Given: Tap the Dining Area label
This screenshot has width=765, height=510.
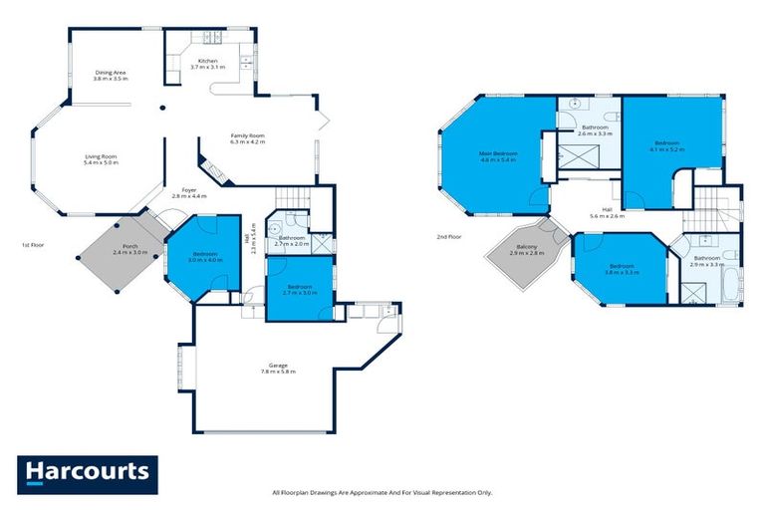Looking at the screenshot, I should (x=111, y=75).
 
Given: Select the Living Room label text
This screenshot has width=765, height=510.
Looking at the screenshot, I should (x=100, y=158).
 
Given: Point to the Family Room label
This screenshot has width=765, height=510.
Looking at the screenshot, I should (x=247, y=138).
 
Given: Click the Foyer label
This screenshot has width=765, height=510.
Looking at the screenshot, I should (x=188, y=193).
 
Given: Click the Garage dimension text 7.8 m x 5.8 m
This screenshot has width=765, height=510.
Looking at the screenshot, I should (x=278, y=369).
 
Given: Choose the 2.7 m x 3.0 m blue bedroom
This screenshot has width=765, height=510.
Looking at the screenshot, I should (x=298, y=288).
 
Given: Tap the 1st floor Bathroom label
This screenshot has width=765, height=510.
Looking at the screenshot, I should (x=292, y=240).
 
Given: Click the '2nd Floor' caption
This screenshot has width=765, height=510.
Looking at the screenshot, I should (x=449, y=237).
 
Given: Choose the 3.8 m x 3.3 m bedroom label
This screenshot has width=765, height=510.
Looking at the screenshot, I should (x=622, y=269).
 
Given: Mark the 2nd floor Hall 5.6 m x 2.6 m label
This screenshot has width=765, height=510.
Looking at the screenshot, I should (x=608, y=213).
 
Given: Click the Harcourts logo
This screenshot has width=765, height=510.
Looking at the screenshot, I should (x=87, y=471).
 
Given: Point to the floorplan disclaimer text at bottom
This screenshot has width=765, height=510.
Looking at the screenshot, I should (x=382, y=492).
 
